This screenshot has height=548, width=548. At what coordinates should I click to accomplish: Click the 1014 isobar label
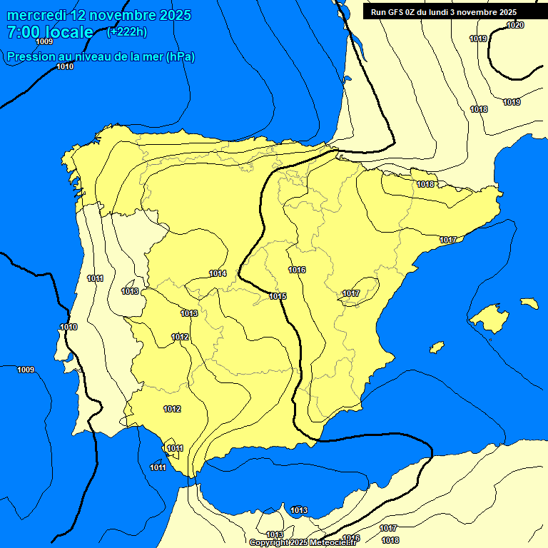click(218, 273)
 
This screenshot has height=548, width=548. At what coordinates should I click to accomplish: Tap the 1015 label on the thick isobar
click(278, 296)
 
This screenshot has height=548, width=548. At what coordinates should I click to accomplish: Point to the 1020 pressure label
click(515, 25)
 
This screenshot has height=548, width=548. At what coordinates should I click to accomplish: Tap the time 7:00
click(24, 32)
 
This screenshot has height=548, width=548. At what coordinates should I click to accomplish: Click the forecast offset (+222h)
click(127, 31)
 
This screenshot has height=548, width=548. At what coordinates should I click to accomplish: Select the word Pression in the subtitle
click(28, 57)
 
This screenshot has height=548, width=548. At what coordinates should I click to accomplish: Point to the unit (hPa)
click(180, 57)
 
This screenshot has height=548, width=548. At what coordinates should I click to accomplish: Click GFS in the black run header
click(395, 12)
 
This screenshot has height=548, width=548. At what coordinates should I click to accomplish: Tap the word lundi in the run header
click(450, 12)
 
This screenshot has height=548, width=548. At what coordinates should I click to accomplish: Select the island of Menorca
click(529, 303)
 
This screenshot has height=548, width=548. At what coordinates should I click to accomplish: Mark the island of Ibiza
click(437, 347)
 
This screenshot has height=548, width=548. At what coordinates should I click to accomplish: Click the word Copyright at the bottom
click(269, 542)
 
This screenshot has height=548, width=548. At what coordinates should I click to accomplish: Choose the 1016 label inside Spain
click(297, 270)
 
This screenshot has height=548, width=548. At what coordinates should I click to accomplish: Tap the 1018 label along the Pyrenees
click(425, 184)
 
